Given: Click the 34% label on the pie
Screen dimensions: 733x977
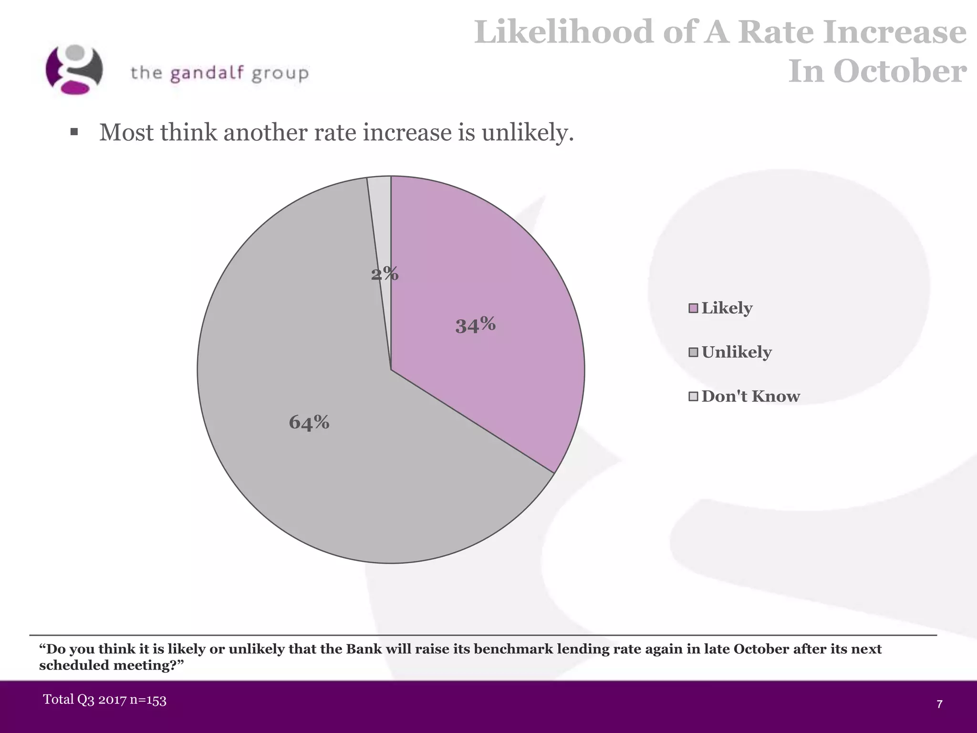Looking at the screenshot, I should [475, 325].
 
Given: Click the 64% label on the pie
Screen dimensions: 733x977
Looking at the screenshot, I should [309, 422].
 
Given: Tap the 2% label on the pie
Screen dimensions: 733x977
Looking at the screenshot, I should [385, 273].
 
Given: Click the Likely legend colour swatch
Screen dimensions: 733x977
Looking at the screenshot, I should [693, 308].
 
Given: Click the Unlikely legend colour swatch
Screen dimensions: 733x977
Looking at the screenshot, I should [693, 353].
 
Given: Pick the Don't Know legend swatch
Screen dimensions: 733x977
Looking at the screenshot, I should [693, 397].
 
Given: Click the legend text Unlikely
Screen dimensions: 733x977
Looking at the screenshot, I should [736, 352].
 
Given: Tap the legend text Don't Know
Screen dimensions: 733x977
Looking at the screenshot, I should [750, 396].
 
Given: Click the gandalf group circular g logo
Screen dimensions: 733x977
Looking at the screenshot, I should [74, 70].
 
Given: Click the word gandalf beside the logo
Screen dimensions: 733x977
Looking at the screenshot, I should [207, 73].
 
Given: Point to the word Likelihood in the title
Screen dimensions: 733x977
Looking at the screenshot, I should [563, 32].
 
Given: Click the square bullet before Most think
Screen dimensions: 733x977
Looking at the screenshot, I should [74, 132].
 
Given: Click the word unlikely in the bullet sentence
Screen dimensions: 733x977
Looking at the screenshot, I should [527, 132].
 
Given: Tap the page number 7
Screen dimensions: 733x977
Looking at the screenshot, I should [939, 704].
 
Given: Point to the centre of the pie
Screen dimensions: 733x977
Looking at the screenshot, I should [391, 370].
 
